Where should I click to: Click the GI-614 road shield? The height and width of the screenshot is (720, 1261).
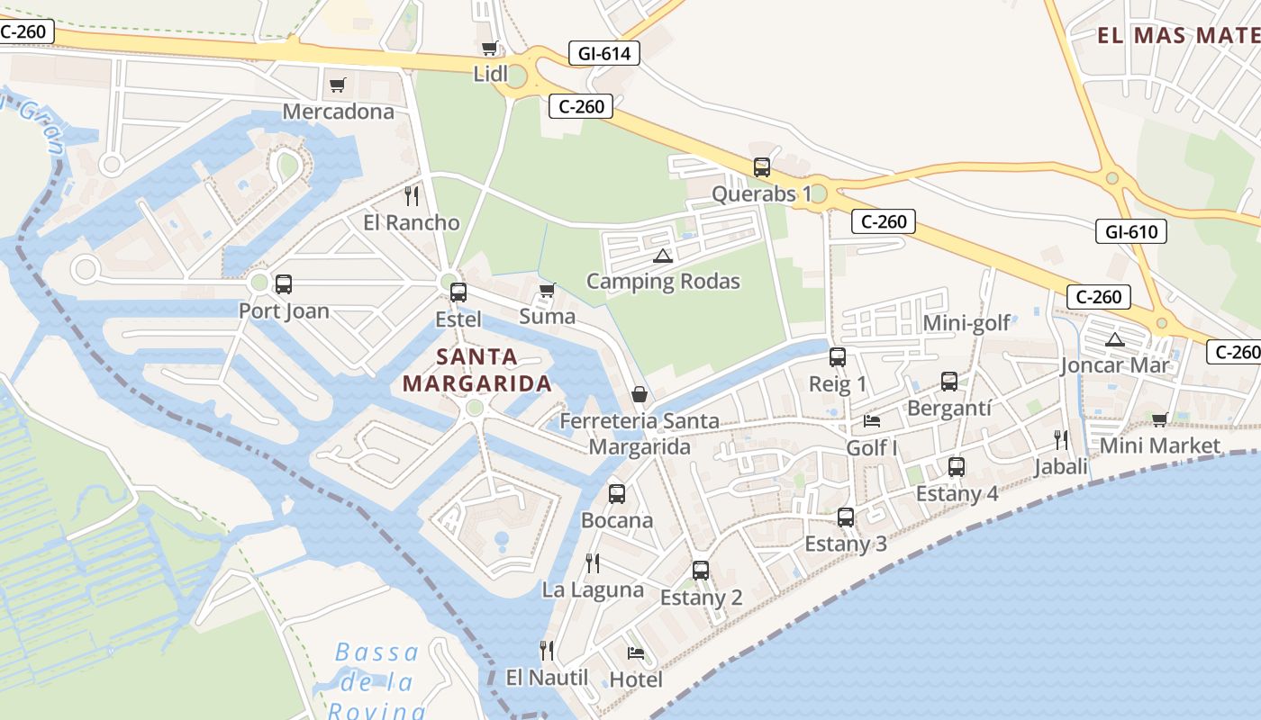tap(604, 54)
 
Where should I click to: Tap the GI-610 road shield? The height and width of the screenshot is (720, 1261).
tap(1131, 232)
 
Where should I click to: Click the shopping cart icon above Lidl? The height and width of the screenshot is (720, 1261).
tap(489, 49)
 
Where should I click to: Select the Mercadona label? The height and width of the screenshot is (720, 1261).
tap(339, 112)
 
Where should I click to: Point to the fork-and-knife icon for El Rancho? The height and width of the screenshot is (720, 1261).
tap(412, 195)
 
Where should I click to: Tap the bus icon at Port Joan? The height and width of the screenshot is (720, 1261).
tap(284, 284)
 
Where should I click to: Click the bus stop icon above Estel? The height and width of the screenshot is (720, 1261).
tap(458, 292)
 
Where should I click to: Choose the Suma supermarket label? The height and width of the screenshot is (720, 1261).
tap(548, 317)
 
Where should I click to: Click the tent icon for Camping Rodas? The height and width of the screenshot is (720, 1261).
tap(663, 256)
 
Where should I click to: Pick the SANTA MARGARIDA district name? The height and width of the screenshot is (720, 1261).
tap(476, 370)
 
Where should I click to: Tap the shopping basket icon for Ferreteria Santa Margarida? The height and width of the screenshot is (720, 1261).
tap(640, 394)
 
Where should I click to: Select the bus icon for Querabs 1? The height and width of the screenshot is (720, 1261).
tap(762, 167)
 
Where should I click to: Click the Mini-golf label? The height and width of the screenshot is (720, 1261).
tap(966, 323)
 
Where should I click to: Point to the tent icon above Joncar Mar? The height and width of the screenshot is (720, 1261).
tap(1115, 339)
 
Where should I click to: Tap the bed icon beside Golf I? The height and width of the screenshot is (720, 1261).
tap(871, 420)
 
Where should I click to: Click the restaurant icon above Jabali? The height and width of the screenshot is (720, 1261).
tap(1061, 440)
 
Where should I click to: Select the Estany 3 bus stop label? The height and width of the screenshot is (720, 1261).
tap(846, 544)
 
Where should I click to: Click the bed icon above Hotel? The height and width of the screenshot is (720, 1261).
tap(636, 652)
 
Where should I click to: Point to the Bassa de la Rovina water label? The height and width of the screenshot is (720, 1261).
tap(376, 680)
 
